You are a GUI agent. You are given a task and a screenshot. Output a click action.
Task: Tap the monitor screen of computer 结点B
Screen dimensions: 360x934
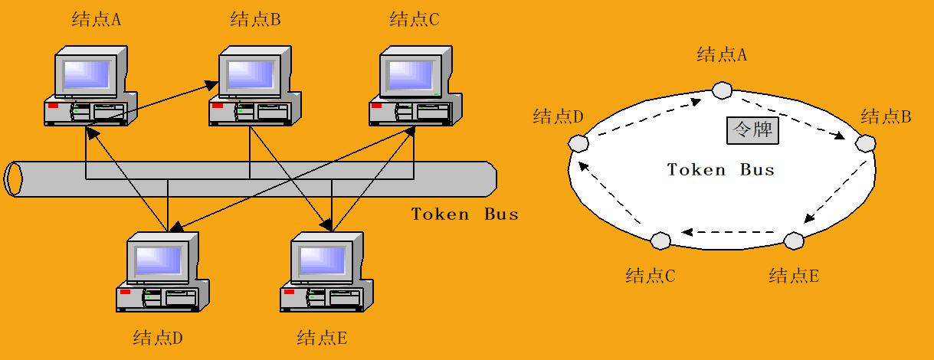(251, 74)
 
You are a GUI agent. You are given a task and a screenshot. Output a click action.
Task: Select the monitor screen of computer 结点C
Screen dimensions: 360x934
(411, 74)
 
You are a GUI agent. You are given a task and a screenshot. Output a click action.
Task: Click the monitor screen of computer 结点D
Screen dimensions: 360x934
(159, 260)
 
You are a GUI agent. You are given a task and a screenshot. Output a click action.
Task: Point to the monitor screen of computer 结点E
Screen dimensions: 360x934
(323, 260)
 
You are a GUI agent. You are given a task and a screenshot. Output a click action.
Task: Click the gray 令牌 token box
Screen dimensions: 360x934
(752, 130)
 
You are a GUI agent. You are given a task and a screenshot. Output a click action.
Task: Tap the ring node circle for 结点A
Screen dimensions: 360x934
(721, 90)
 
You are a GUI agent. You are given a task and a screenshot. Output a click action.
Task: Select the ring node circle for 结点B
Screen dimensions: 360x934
(865, 142)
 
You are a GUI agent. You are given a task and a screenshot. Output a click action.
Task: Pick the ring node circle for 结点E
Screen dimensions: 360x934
(795, 241)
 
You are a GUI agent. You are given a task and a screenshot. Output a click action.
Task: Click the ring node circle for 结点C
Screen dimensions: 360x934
(660, 241)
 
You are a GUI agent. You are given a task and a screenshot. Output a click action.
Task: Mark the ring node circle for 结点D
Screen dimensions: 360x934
(578, 143)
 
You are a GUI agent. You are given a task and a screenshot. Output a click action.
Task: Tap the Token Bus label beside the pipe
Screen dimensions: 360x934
(464, 214)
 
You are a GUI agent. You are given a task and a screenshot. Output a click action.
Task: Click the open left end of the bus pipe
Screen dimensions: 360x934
(13, 179)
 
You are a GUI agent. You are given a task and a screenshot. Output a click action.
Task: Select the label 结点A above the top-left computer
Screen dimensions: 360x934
(97, 20)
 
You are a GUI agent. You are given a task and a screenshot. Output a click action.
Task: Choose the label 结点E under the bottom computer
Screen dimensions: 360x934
(322, 337)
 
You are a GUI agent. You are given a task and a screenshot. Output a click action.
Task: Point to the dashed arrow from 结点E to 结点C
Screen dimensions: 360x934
(728, 231)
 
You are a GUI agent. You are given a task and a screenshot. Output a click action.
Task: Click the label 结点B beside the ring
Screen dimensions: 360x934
(886, 117)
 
